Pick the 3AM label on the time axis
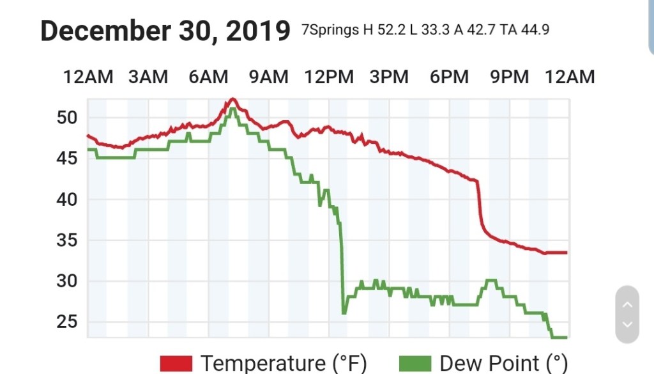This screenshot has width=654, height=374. click(148, 77)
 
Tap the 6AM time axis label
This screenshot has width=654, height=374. click(208, 77)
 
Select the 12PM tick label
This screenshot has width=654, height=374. click(329, 77)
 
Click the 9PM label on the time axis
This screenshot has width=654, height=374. click(509, 77)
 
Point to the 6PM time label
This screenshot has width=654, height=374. click(449, 77)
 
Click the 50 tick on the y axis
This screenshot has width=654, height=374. click(67, 118)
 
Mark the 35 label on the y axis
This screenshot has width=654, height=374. click(67, 240)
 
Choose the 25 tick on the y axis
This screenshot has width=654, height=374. click(67, 322)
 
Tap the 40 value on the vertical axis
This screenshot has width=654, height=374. click(67, 199)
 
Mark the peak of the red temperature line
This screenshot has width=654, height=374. click(232, 99)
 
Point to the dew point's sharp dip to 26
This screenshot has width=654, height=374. click(344, 313)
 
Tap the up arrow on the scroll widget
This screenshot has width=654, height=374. click(627, 304)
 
